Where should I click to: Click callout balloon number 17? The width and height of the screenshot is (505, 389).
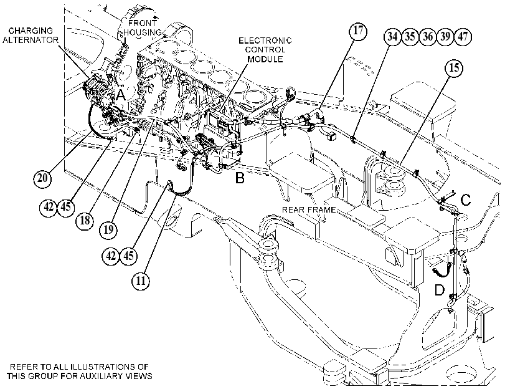click(x=358, y=31)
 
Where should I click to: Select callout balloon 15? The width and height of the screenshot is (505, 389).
click(x=454, y=68)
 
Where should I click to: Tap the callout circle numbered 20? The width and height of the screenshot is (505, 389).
click(x=43, y=178)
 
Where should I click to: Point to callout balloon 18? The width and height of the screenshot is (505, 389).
click(x=85, y=221)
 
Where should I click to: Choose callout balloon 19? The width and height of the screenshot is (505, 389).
click(x=108, y=229)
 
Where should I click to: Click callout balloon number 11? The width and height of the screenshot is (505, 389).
click(x=141, y=281)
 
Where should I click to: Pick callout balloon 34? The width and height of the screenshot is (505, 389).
click(x=392, y=36)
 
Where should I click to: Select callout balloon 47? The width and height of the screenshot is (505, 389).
click(x=463, y=36)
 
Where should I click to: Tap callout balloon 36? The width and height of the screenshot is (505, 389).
click(x=427, y=36)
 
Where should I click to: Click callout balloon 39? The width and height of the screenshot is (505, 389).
click(x=445, y=36)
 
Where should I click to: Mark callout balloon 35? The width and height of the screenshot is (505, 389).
click(x=410, y=36)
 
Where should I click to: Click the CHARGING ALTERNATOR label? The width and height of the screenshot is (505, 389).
click(x=31, y=36)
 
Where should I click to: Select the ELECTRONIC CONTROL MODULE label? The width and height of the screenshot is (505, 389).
click(x=265, y=50)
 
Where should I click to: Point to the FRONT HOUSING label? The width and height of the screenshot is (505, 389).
click(x=143, y=27)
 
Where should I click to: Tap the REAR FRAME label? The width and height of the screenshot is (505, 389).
click(x=309, y=209)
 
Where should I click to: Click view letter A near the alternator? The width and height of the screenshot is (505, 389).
click(x=121, y=95)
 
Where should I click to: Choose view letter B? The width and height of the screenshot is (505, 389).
click(x=240, y=178)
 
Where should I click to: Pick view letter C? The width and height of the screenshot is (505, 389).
click(x=466, y=200)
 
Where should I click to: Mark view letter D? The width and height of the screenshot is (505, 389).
click(x=440, y=290)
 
